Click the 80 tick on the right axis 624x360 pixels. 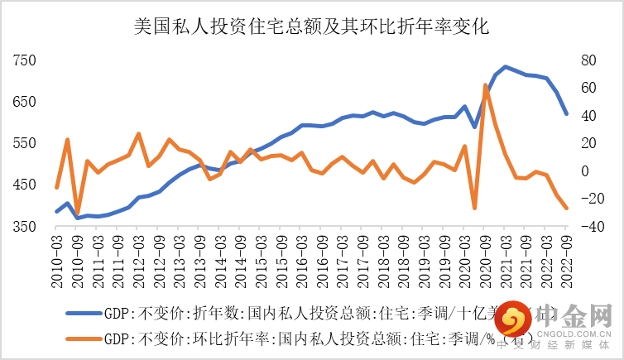[586, 60]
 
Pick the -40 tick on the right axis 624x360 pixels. [586, 227]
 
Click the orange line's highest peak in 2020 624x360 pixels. [485, 84]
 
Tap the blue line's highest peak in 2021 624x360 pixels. [505, 66]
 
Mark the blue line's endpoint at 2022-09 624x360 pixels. [566, 114]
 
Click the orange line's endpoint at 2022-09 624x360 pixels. [566, 208]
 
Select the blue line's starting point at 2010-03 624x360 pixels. [56, 212]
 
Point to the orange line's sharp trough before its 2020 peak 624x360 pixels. [474, 208]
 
